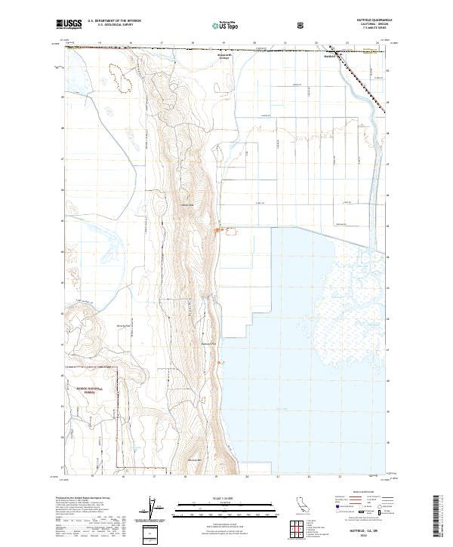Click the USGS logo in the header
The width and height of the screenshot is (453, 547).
70,24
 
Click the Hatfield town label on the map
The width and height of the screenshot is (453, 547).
328,56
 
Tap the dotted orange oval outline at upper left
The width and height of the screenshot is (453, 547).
119,73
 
